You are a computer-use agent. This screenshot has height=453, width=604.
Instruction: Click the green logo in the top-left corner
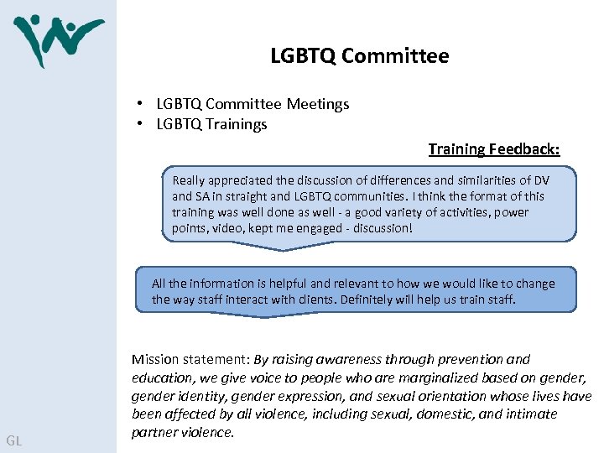pos(57,39)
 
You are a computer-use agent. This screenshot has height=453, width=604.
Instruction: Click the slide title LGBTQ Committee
pos(359,56)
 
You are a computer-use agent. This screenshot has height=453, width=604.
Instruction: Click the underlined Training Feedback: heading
pos(493,149)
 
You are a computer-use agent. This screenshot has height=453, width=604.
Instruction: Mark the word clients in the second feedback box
pos(312,299)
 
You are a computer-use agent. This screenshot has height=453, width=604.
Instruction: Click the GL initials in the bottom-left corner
pos(14,440)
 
